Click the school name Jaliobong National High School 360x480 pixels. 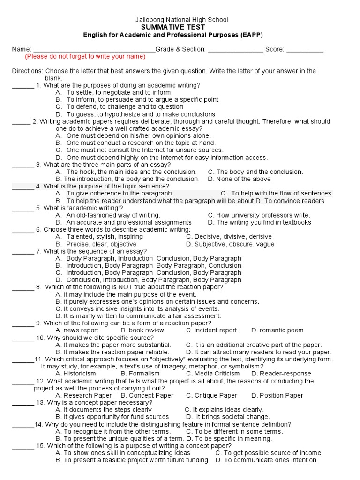coord(181,20)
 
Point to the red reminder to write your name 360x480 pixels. coord(85,56)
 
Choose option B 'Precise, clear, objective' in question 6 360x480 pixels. coord(96,244)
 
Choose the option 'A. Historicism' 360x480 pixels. coord(76,374)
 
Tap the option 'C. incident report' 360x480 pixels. coord(212,330)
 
